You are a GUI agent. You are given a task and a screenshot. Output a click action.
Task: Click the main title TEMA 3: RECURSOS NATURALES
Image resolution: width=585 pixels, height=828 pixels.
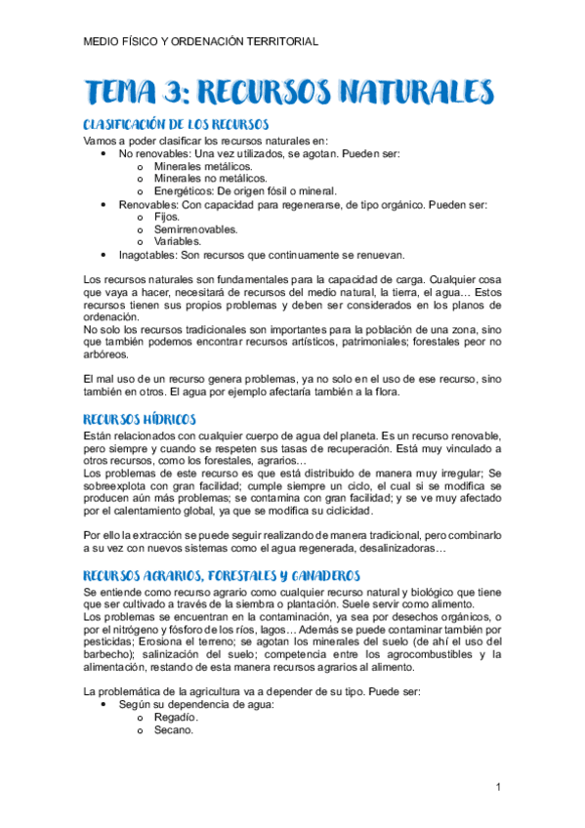[x=289, y=93]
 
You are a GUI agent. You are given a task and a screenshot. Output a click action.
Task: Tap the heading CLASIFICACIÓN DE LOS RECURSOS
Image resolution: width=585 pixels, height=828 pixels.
[x=176, y=126]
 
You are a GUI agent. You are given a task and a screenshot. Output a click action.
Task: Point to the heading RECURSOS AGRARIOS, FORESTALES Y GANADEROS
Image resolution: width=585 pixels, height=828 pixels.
[x=223, y=577]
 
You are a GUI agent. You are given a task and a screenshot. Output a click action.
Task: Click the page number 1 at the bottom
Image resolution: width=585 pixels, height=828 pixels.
[x=498, y=787]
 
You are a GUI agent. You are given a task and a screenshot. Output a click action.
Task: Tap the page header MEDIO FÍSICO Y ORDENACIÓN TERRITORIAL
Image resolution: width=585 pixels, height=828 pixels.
[x=201, y=42]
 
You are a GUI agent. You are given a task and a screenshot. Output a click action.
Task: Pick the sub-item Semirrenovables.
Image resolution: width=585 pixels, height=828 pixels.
[x=196, y=229]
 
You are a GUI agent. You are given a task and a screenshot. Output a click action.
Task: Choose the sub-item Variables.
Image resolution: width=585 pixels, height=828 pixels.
[x=178, y=241]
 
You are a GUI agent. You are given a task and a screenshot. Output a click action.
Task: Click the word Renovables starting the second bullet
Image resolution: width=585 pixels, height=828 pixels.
[x=148, y=204]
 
